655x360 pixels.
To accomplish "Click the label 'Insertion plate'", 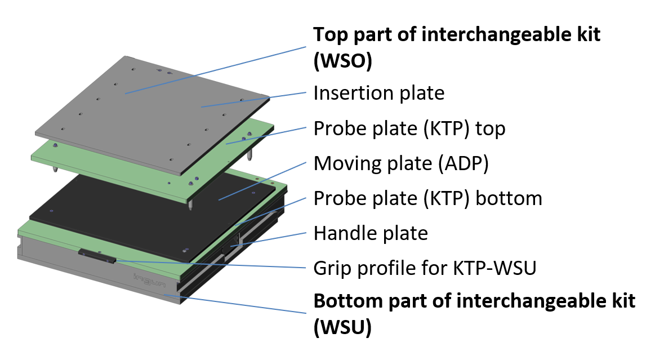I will pos(378,93).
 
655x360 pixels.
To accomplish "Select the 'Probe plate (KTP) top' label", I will pos(409,129).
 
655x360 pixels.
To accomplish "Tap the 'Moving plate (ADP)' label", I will pos(400,164).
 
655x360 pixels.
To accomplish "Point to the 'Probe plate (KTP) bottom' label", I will pos(427,198).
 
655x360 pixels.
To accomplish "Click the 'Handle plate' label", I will pos(371,233).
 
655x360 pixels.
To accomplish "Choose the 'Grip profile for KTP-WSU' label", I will pos(424,268).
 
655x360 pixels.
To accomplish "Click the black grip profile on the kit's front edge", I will pos(97,256).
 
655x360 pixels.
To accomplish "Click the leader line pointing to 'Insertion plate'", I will pos(253,99).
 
